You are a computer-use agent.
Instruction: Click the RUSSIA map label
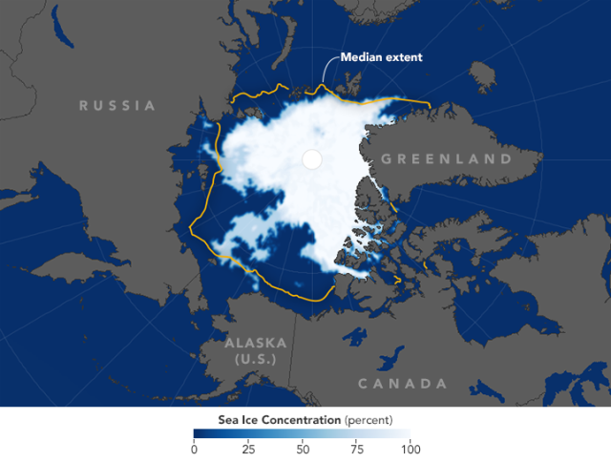(117, 105)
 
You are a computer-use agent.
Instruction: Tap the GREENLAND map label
(447, 158)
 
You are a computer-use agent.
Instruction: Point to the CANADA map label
(402, 384)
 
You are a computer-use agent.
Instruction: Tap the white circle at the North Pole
(311, 159)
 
